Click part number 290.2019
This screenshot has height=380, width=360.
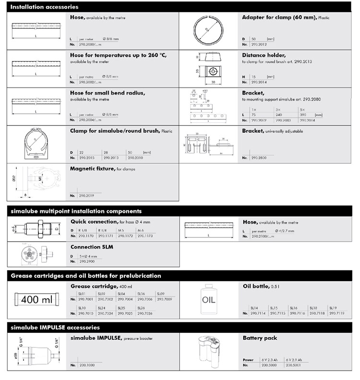pos(86,196)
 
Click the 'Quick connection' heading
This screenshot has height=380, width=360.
pos(94,221)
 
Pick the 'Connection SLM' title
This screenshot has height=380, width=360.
pos(92,246)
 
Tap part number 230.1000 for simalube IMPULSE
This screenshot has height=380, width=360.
pos(86,365)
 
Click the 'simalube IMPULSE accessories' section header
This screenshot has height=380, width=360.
pos(55,327)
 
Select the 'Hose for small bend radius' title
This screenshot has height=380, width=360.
pos(108,92)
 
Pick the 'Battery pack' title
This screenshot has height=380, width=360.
pos(260,338)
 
